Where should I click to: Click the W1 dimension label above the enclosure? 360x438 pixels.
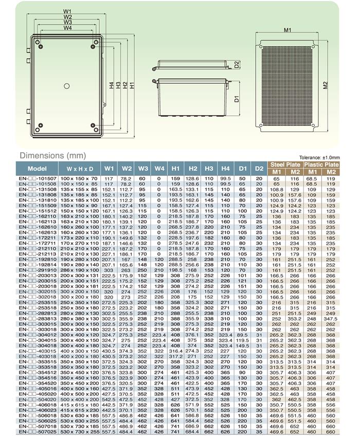click(x=67, y=10)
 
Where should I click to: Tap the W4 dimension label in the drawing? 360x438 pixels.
click(x=67, y=28)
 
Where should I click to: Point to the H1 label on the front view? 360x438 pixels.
click(x=132, y=85)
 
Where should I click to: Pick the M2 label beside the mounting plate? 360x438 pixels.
click(x=326, y=85)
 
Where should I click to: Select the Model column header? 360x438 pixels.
click(x=37, y=168)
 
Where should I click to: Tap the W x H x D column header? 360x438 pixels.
click(x=79, y=168)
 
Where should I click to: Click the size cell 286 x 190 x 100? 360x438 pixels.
click(x=79, y=270)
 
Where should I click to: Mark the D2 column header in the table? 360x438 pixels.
click(x=258, y=168)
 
